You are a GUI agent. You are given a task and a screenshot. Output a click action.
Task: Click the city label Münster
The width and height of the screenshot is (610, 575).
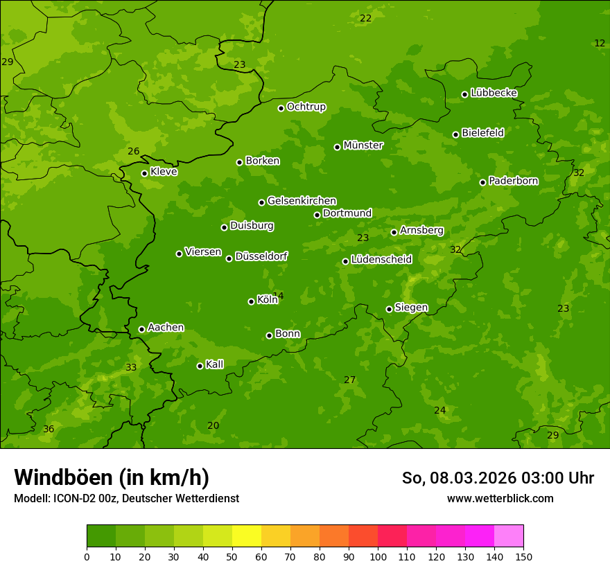tap(363, 145)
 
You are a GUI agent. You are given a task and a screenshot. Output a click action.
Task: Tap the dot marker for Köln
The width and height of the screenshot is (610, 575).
tap(251, 301)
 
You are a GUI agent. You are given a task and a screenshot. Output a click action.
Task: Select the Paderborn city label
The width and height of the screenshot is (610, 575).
tap(513, 181)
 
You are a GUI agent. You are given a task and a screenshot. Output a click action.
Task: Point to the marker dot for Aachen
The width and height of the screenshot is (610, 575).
tap(141, 329)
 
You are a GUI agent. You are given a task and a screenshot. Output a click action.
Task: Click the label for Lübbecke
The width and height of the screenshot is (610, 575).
tap(494, 93)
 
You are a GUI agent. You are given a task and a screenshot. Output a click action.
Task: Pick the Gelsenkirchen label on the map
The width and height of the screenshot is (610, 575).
tap(302, 201)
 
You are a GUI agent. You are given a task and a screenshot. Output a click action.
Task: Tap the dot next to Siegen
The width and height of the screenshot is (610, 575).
tap(389, 309)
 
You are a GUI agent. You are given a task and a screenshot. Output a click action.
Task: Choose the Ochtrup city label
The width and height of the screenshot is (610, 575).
tap(306, 107)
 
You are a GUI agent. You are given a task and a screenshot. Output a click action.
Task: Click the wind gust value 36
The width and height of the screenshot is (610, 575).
tap(49, 430)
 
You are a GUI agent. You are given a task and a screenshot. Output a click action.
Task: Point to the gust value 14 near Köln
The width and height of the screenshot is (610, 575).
tap(279, 296)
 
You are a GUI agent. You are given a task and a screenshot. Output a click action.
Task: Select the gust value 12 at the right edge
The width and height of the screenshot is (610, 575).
tap(600, 43)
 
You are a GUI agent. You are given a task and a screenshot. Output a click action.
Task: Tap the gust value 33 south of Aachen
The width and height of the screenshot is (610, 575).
tap(131, 367)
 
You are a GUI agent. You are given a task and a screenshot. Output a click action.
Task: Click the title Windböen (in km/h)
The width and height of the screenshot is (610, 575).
tap(112, 477)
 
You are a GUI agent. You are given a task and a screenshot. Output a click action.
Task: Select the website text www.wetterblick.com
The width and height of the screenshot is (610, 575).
tap(500, 498)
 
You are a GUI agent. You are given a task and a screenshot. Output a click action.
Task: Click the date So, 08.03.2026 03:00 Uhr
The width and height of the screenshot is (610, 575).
tap(498, 478)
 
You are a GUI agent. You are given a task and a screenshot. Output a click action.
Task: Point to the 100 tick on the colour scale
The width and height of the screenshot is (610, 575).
tap(378, 556)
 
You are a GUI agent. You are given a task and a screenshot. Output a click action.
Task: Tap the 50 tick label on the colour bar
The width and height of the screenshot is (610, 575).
tap(232, 556)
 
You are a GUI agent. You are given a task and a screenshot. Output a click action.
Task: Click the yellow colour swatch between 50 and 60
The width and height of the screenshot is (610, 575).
tap(247, 536)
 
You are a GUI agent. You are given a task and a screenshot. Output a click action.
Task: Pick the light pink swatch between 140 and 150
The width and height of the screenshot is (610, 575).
tap(509, 536)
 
